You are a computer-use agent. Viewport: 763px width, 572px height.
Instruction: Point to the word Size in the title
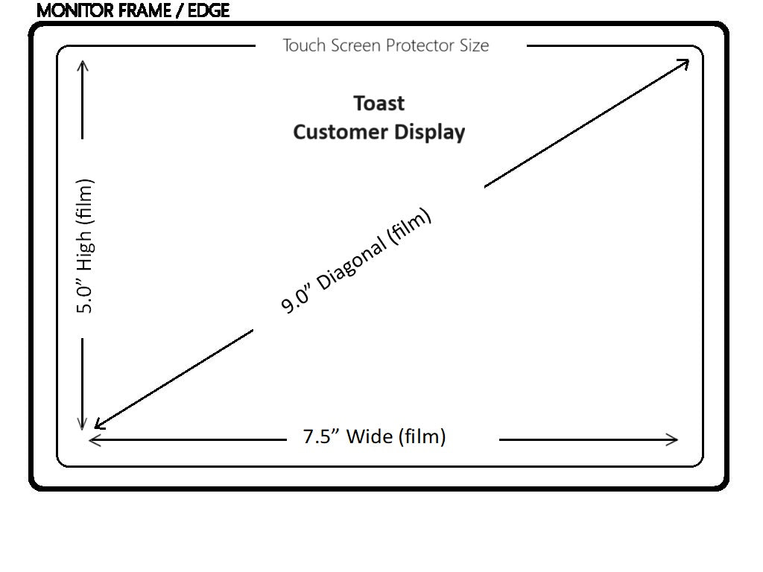pos(474,45)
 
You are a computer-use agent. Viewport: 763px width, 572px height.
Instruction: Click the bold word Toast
pos(379,103)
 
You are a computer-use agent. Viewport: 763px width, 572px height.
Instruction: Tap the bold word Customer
pos(333,132)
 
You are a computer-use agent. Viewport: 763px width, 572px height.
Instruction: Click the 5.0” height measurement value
pos(85,295)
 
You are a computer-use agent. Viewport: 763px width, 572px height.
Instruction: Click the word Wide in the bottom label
pos(370,436)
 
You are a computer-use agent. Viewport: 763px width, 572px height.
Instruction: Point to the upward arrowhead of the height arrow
pos(83,65)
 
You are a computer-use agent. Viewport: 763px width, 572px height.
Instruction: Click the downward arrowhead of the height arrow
pos(83,425)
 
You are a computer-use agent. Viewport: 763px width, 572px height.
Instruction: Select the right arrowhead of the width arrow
pos(674,439)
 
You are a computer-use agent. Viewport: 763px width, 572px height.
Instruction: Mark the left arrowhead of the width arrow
pos(93,439)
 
